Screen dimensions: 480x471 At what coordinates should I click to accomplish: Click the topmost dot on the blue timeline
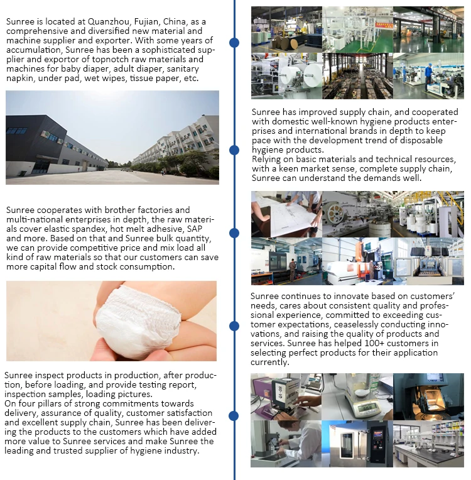[x=234, y=43]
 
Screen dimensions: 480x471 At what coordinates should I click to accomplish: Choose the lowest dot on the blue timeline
[x=234, y=415]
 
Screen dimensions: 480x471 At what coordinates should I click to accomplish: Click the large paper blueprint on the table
[x=276, y=211]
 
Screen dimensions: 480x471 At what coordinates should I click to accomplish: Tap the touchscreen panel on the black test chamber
[x=375, y=433]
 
